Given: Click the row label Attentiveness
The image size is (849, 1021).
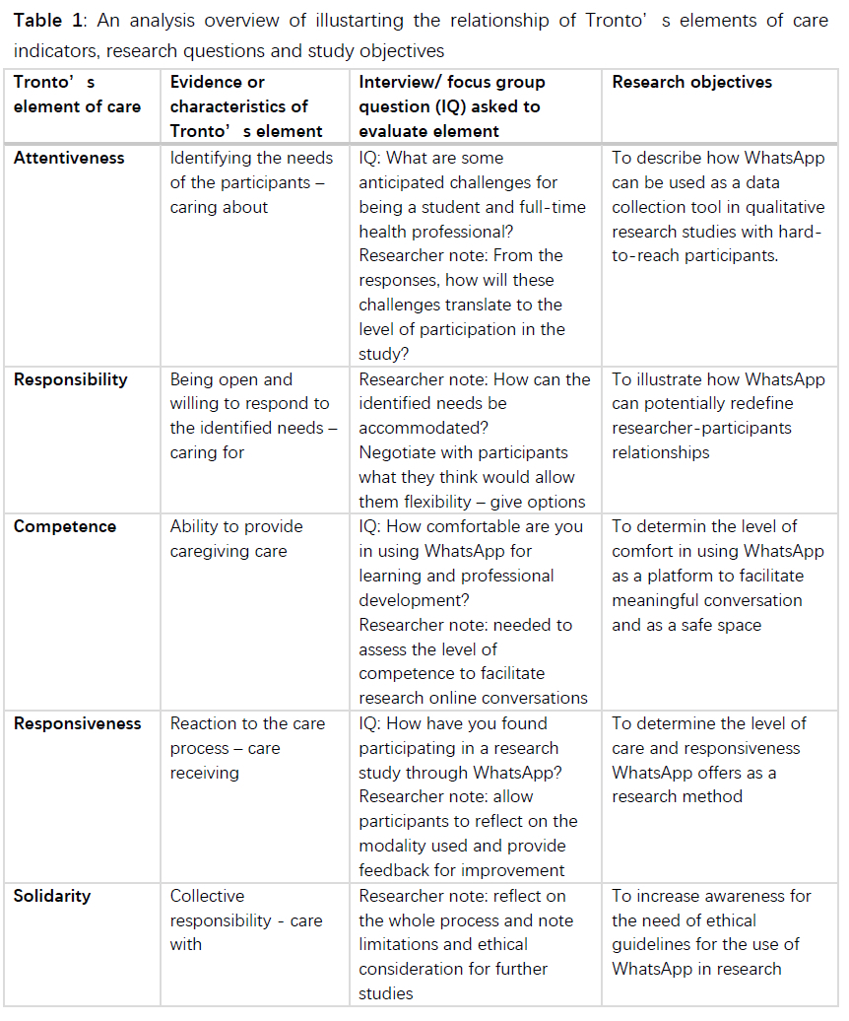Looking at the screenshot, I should pos(68,158).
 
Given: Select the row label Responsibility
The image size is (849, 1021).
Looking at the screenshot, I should pos(70,379).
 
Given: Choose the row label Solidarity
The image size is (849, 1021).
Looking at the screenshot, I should pos(52,896).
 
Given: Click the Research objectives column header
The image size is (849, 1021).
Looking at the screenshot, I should pos(691,82).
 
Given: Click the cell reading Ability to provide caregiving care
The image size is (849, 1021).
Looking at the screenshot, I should pos(236,538).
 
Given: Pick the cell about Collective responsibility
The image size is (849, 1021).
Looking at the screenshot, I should pos(246,919).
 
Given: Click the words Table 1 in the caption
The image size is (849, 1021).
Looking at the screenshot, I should pos(46,21).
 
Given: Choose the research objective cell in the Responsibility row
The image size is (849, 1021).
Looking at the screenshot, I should pos(718,416).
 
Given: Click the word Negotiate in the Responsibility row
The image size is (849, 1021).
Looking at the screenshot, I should pos(397,452).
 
